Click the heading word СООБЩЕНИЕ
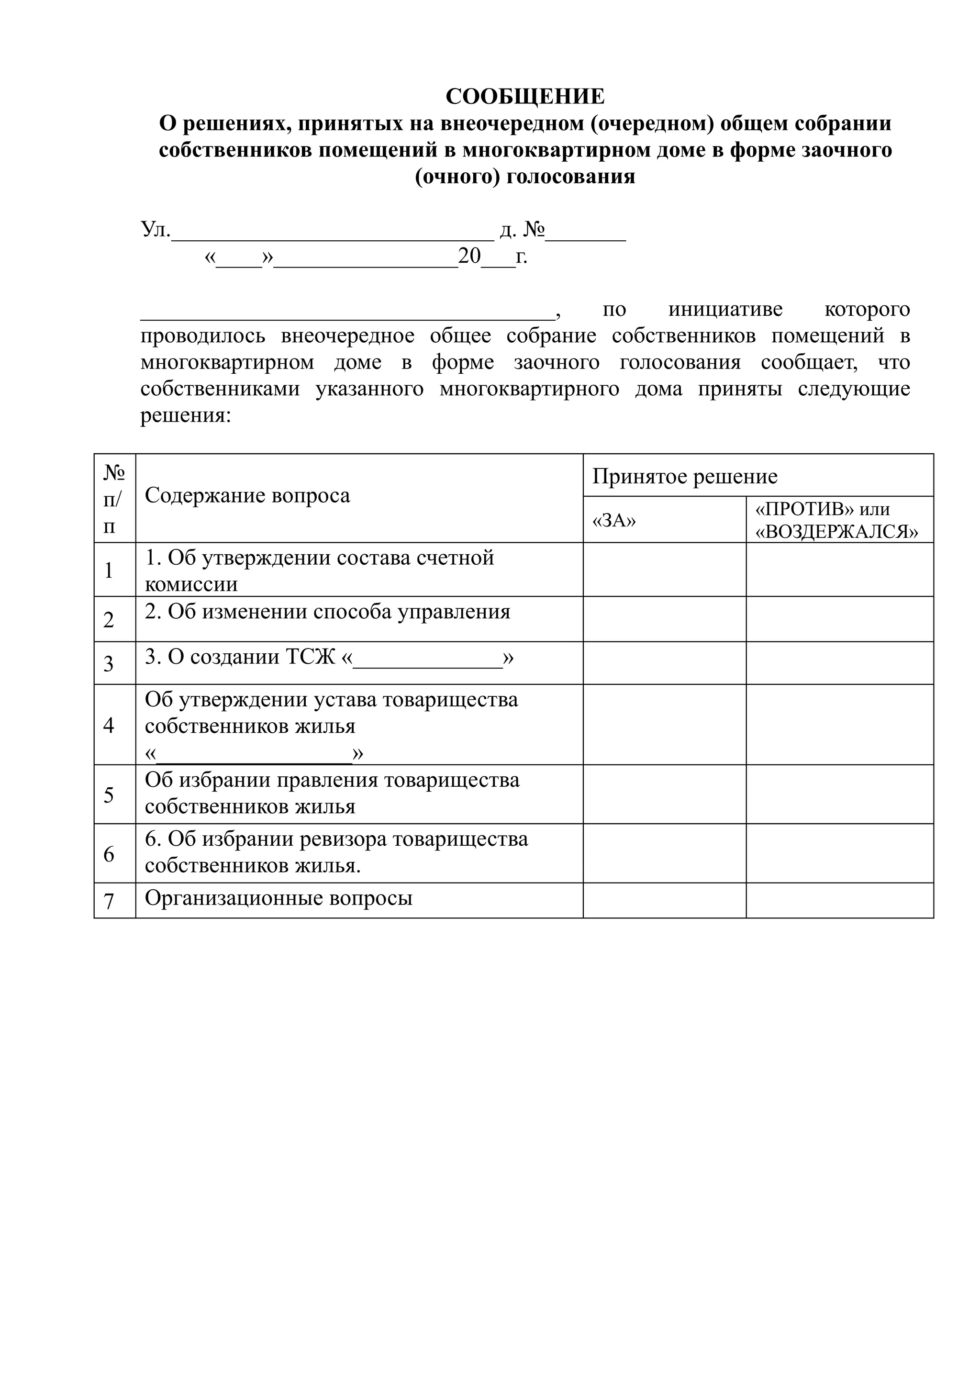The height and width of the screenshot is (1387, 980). pos(525,97)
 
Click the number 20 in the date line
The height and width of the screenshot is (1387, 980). pos(469,256)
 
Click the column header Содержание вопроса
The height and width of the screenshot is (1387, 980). pos(247,496)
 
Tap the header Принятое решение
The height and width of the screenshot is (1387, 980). pos(685,477)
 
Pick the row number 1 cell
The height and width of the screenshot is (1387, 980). pos(109,570)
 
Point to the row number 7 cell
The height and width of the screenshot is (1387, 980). pos(109,901)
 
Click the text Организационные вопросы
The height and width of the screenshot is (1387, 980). pos(278,898)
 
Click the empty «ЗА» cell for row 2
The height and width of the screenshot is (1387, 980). pos(664,619)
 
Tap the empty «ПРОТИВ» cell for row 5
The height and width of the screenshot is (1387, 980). pos(839,794)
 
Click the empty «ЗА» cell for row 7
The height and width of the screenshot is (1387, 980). pos(664,901)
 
